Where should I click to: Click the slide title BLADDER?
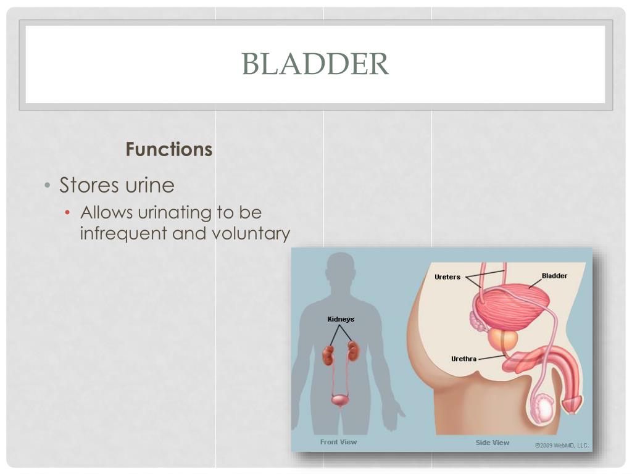click(315, 64)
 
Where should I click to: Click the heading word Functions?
click(169, 149)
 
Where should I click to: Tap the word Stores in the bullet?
click(89, 185)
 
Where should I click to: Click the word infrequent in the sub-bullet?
click(123, 234)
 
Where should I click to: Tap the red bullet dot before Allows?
click(67, 212)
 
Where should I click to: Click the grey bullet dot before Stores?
click(48, 185)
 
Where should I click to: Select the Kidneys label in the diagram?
click(341, 319)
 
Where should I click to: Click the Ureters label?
click(447, 277)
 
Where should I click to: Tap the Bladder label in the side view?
click(554, 276)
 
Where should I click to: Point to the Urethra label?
click(464, 359)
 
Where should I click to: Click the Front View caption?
click(339, 442)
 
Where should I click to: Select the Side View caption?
click(492, 443)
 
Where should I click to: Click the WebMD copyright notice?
click(562, 446)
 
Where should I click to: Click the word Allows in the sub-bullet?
click(106, 212)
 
